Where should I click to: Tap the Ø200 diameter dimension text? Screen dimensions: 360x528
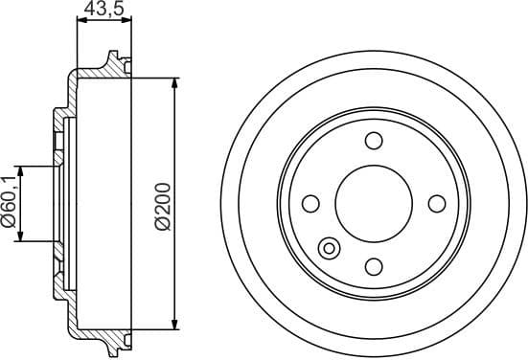pos(162,205)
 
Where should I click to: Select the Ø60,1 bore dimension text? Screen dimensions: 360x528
pos(10,202)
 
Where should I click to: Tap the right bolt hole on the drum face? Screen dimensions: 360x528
pos(437,204)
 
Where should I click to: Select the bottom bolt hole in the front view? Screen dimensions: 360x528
pos(374,266)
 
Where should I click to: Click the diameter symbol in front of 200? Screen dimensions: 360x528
pos(162,224)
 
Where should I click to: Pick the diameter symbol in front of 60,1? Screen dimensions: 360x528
pos(10,222)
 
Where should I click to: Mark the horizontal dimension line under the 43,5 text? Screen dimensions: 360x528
pos(103,20)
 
